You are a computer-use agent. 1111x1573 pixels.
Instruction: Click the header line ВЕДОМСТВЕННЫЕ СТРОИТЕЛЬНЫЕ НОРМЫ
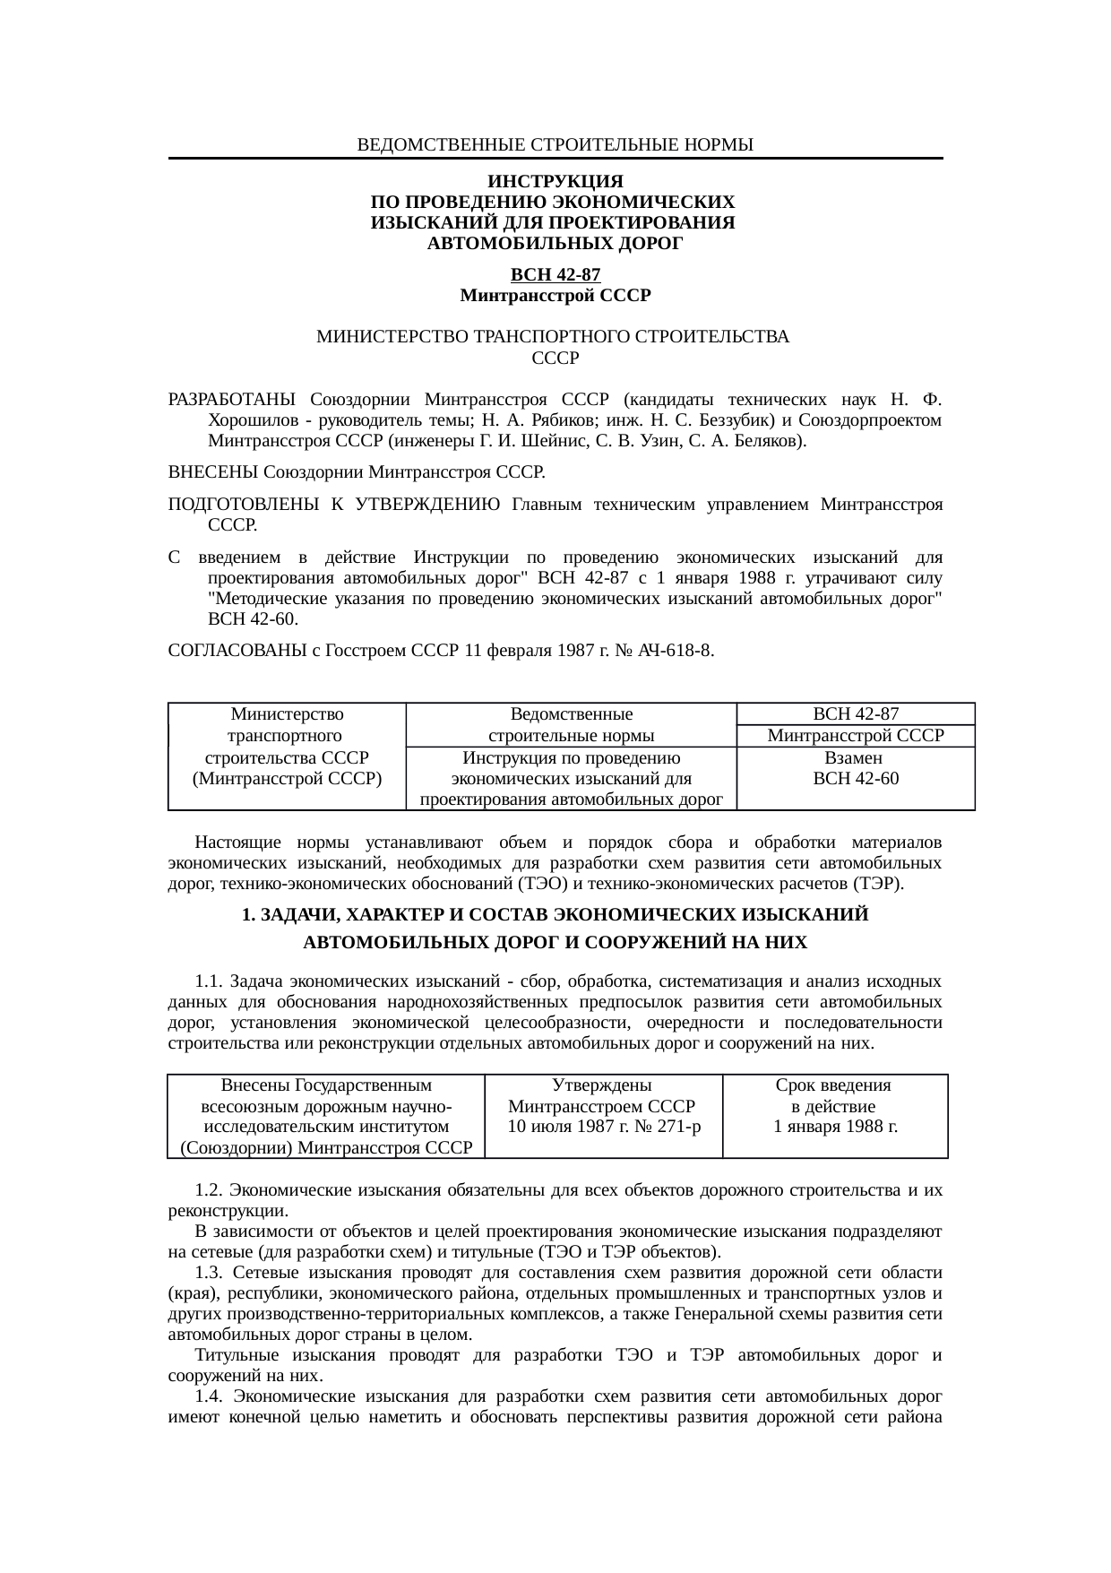coord(555,144)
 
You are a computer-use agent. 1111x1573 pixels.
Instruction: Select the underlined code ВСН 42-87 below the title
coord(555,275)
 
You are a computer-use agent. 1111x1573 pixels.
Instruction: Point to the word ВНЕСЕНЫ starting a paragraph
coord(212,471)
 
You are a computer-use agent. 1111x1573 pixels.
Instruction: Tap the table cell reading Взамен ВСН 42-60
coord(855,768)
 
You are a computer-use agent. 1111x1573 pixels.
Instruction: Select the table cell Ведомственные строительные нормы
coord(571,725)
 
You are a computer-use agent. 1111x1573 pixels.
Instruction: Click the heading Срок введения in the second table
coord(833,1085)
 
